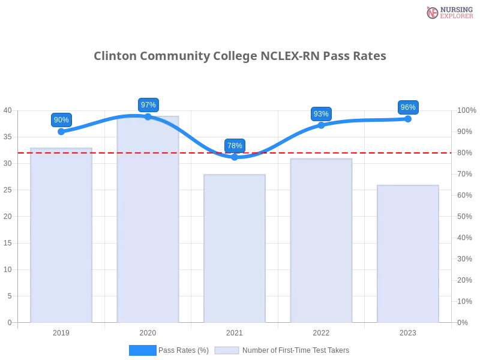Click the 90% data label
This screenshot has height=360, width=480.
61,120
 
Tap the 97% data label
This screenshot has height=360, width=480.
148,105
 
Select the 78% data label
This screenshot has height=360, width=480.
235,146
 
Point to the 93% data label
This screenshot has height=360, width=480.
321,114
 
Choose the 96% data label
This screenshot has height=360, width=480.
408,108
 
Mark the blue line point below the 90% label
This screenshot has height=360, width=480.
61,132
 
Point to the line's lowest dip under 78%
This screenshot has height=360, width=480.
235,157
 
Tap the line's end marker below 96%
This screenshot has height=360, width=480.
408,119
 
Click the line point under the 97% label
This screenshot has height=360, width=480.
148,116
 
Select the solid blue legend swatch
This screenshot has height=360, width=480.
143,350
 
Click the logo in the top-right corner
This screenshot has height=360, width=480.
448,13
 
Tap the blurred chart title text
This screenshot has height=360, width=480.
240,56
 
